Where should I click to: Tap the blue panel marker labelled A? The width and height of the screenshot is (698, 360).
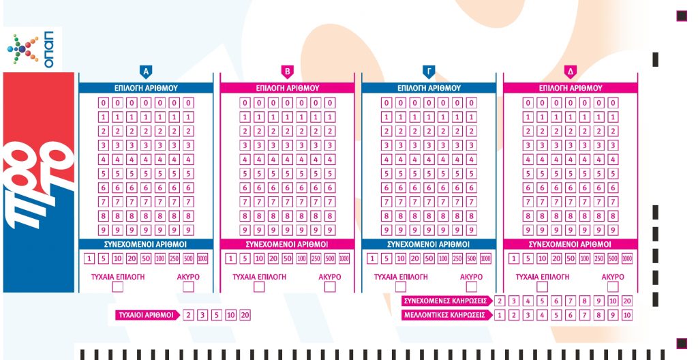pyautogui.click(x=145, y=71)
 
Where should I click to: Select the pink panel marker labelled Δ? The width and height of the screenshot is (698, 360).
pyautogui.click(x=571, y=71)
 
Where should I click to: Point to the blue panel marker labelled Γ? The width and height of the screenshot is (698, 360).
pyautogui.click(x=429, y=71)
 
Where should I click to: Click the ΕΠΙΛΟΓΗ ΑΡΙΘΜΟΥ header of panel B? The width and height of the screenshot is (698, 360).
pyautogui.click(x=287, y=88)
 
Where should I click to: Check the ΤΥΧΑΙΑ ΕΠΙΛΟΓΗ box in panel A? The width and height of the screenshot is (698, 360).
pyautogui.click(x=118, y=287)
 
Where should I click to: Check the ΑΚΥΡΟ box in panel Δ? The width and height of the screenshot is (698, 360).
pyautogui.click(x=613, y=287)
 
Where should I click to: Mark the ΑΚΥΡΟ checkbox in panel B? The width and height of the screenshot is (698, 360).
pyautogui.click(x=330, y=287)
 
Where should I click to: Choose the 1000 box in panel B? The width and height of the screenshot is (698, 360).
pyautogui.click(x=344, y=258)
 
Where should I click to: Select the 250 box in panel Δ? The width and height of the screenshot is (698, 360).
pyautogui.click(x=598, y=258)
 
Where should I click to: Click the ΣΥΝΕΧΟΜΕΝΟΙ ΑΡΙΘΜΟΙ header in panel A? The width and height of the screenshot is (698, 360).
pyautogui.click(x=145, y=244)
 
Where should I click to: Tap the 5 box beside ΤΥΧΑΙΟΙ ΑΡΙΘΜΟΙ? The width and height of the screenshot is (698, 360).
pyautogui.click(x=216, y=315)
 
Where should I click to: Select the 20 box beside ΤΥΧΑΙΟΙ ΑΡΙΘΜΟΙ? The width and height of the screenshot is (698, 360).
pyautogui.click(x=245, y=315)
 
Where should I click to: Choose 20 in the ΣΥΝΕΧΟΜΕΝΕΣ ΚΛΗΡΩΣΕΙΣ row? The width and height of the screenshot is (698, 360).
pyautogui.click(x=627, y=301)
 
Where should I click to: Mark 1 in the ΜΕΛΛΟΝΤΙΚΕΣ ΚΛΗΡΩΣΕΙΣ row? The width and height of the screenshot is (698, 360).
pyautogui.click(x=500, y=315)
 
